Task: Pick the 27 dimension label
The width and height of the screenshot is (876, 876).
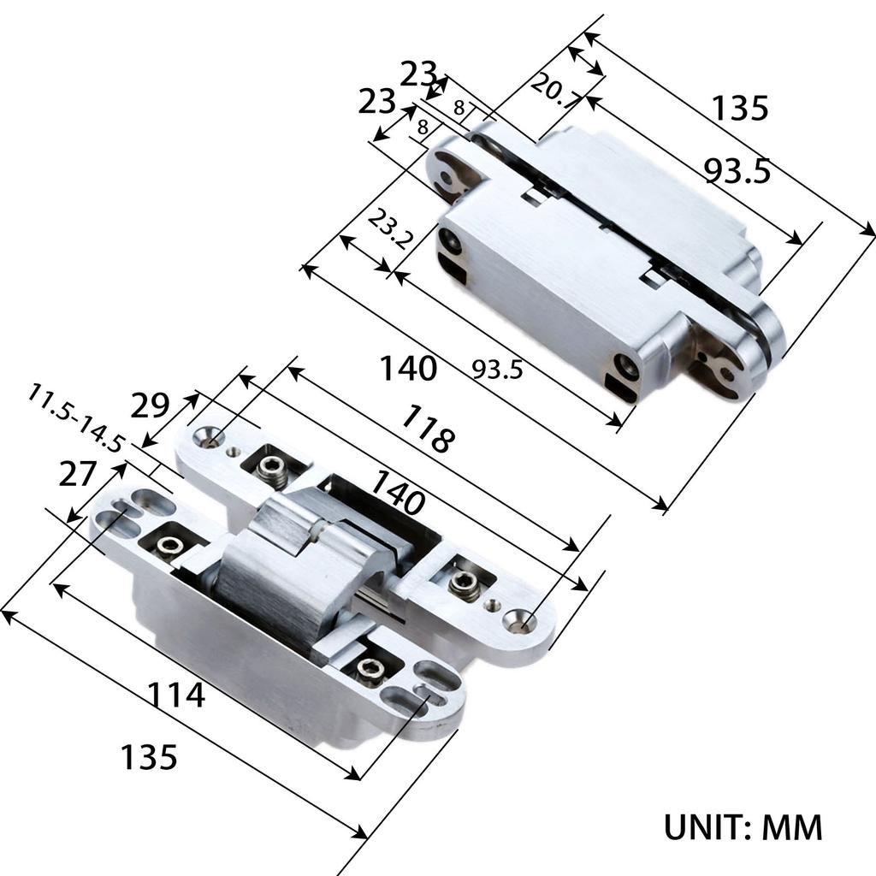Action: point(78,473)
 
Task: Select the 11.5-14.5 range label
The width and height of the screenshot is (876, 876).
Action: point(75,419)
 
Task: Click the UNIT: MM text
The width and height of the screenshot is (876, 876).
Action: point(743,827)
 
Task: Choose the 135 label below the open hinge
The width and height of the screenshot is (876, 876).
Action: point(148,756)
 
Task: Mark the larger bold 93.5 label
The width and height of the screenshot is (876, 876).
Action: point(737,170)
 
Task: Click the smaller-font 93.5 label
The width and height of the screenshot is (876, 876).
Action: point(500,369)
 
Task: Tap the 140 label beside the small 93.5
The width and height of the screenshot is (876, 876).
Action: point(408,369)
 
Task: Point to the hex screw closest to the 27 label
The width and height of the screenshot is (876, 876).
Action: point(168,546)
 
